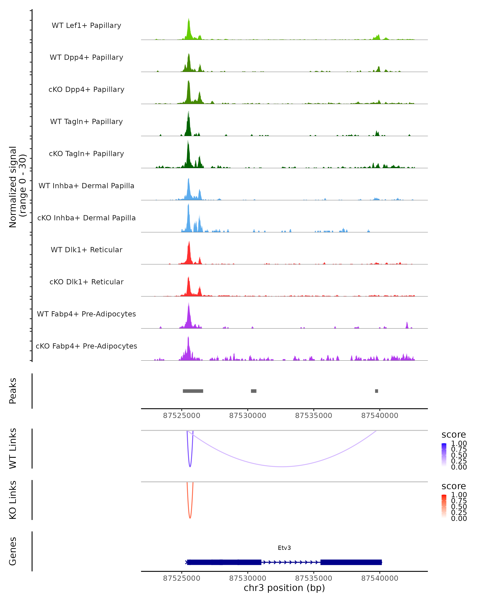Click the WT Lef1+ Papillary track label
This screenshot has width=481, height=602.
tap(86, 25)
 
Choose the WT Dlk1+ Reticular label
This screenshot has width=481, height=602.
tap(86, 250)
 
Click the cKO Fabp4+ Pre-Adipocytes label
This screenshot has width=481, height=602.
tap(86, 346)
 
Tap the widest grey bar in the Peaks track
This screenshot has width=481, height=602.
tap(193, 391)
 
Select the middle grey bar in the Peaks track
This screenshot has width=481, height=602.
tap(254, 391)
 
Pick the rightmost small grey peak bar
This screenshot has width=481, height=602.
tap(376, 391)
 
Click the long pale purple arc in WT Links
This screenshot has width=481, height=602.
tap(282, 466)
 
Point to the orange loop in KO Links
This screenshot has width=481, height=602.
tap(190, 517)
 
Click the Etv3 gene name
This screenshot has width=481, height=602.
tap(284, 548)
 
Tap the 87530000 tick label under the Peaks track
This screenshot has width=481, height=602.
tap(248, 416)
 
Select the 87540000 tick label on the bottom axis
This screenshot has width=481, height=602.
tap(380, 578)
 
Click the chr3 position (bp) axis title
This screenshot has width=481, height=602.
tap(284, 588)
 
